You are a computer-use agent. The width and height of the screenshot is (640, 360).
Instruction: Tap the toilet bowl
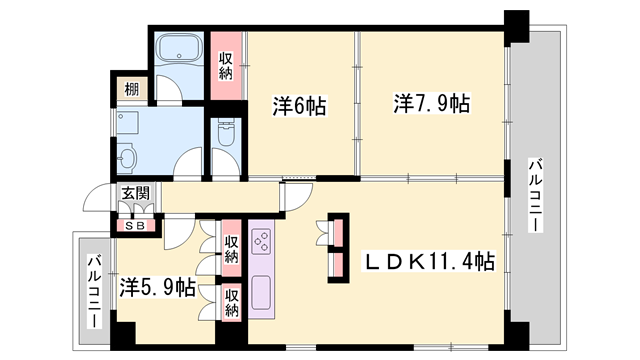pos(224,134)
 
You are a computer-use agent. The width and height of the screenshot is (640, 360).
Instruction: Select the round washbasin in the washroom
pos(127,158)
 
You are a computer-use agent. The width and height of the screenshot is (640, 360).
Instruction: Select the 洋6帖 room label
pos(300,105)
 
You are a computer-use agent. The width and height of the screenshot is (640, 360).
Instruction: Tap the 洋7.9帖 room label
pos(432,103)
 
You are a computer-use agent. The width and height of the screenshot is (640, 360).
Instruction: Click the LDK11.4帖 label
pos(427,263)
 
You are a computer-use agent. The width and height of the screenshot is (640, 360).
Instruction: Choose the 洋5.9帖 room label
pos(158,289)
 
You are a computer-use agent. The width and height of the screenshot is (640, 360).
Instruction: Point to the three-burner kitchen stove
pos(261,241)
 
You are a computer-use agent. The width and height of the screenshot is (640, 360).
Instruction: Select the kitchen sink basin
pos(262,291)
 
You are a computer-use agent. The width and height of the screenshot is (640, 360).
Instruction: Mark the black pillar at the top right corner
pos(516,25)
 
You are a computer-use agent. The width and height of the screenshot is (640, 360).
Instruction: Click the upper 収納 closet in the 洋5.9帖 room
pos(231,249)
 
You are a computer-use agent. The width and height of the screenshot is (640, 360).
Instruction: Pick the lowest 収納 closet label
pos(231,303)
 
